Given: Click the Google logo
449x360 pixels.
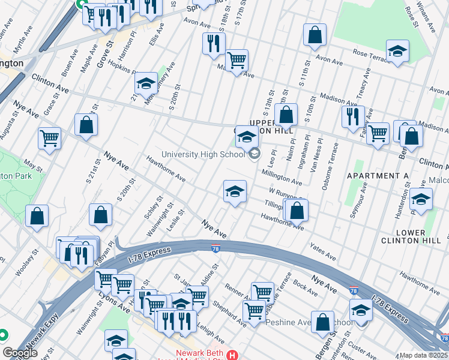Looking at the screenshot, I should click(x=20, y=353).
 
